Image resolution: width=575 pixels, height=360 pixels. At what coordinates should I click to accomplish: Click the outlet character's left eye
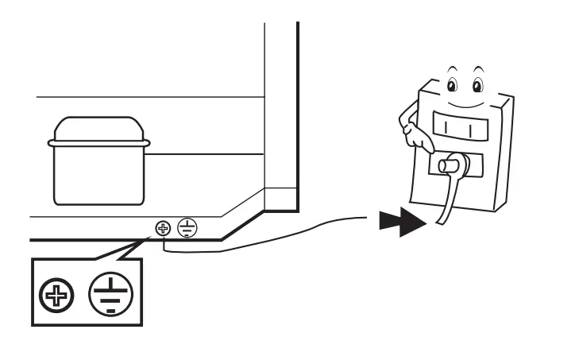click(452, 85)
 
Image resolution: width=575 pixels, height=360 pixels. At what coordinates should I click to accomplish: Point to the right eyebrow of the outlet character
click(480, 69)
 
